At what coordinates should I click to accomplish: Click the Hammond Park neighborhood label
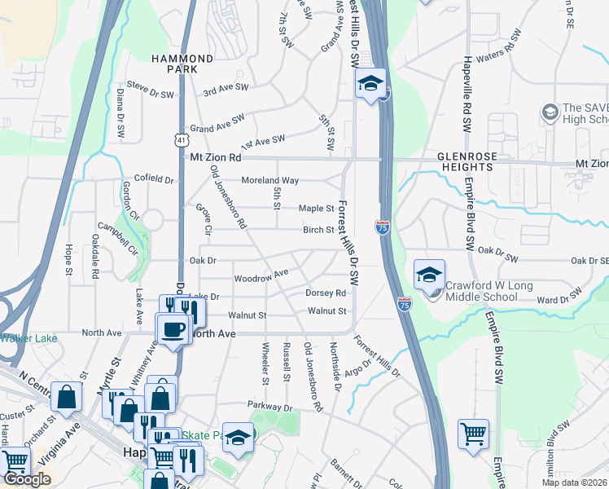(x=183, y=64)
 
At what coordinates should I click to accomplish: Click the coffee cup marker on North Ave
(x=173, y=329)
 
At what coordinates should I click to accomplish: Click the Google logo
(x=27, y=479)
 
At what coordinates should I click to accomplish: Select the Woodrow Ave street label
(x=261, y=276)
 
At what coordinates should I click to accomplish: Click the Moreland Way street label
(x=269, y=180)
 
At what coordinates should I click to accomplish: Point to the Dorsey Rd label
(x=326, y=293)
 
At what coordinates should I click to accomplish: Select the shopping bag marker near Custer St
(x=66, y=397)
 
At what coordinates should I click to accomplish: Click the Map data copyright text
(x=575, y=482)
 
